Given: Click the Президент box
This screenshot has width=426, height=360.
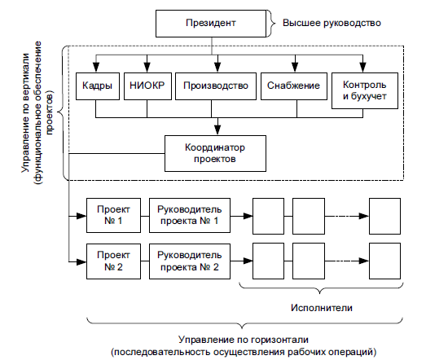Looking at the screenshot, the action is tap(211, 24).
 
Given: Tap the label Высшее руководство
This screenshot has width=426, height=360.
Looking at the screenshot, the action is tap(332, 23).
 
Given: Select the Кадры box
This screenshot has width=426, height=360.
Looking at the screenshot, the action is tap(98, 86).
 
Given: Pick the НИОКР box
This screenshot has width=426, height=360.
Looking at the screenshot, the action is tap(147, 86).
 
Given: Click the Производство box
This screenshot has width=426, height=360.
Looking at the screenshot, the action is tap(216, 86).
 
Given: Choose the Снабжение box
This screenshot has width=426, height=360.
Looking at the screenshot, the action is tap(294, 86).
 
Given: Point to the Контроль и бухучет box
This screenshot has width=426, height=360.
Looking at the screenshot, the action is tap(365, 90).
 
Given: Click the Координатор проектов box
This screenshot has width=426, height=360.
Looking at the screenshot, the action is tap(215, 153).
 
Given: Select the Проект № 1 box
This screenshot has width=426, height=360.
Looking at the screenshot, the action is tap(113, 216).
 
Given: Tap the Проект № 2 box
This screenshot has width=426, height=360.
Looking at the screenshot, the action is tap(113, 261).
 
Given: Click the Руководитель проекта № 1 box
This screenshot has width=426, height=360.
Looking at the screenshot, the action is tap(190, 216).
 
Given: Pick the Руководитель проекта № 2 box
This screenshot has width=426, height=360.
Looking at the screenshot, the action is tap(190, 261).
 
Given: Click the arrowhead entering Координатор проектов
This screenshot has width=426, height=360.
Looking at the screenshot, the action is tap(217, 130).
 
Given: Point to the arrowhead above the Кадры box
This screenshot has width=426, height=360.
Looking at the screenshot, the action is tap(96, 68).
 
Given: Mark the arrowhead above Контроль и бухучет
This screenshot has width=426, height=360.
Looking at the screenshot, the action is tap(362, 68).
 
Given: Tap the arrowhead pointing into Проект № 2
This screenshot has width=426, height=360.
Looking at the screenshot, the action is tap(81, 262).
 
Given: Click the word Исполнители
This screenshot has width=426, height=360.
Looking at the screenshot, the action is tap(322, 308).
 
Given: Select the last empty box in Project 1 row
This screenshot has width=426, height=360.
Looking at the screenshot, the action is tap(384, 217).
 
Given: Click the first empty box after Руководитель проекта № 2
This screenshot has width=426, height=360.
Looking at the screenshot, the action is tap(269, 261).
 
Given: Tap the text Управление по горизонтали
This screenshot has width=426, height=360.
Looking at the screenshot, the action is tap(244, 340).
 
